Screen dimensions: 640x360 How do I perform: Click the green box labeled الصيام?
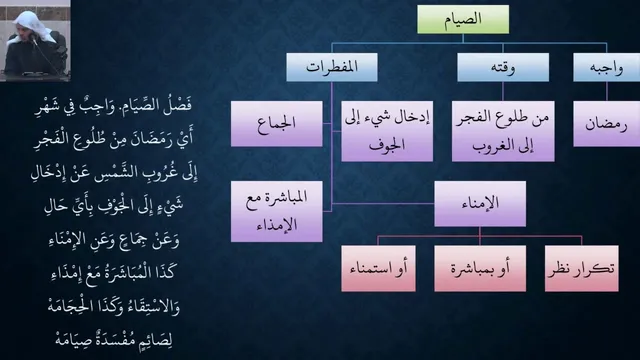click(463, 19)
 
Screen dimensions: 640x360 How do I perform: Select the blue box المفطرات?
click(332, 67)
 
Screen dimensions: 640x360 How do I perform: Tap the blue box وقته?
click(503, 67)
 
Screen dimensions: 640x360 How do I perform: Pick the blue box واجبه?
click(607, 67)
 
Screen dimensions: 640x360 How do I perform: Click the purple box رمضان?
click(607, 124)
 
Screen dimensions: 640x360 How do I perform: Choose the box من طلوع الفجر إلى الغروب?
click(503, 131)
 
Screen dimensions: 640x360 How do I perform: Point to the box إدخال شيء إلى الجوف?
click(387, 131)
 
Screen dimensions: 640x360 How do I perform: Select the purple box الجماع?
click(277, 124)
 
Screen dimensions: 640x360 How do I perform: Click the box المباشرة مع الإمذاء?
click(277, 211)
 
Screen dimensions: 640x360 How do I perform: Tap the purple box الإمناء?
click(480, 204)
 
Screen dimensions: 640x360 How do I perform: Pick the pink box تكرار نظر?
click(582, 269)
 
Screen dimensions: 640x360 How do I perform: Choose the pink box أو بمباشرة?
click(480, 269)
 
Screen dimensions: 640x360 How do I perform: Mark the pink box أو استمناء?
click(378, 269)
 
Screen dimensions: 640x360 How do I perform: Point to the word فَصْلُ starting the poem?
click(177, 105)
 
